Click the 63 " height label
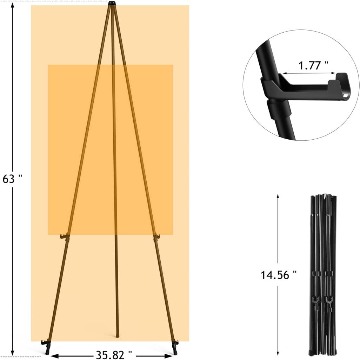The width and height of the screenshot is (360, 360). tap(12, 179)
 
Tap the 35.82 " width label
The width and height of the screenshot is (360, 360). tap(114, 355)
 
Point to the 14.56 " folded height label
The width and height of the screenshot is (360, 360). tap(278, 275)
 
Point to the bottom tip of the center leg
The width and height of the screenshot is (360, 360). tap(118, 336)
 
